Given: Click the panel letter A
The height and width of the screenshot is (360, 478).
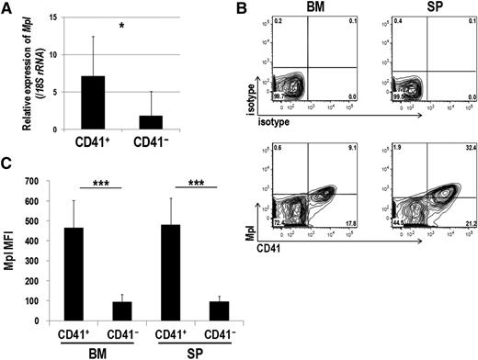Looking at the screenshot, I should click(7, 7).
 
